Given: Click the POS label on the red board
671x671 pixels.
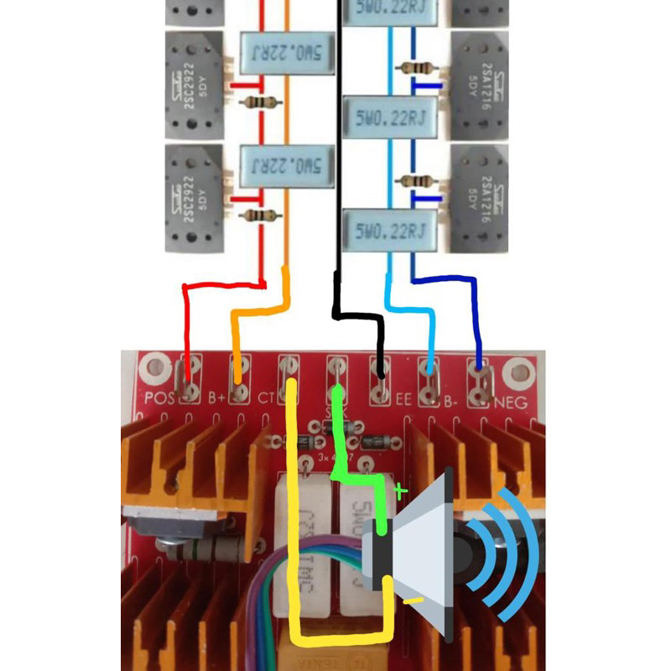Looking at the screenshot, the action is point(159,398).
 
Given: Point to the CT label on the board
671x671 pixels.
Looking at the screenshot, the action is point(268,397).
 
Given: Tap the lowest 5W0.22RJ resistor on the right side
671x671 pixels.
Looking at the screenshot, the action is point(391,229).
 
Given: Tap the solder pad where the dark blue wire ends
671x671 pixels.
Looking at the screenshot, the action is point(480,377).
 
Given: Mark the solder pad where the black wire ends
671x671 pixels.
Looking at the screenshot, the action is point(382,378).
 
